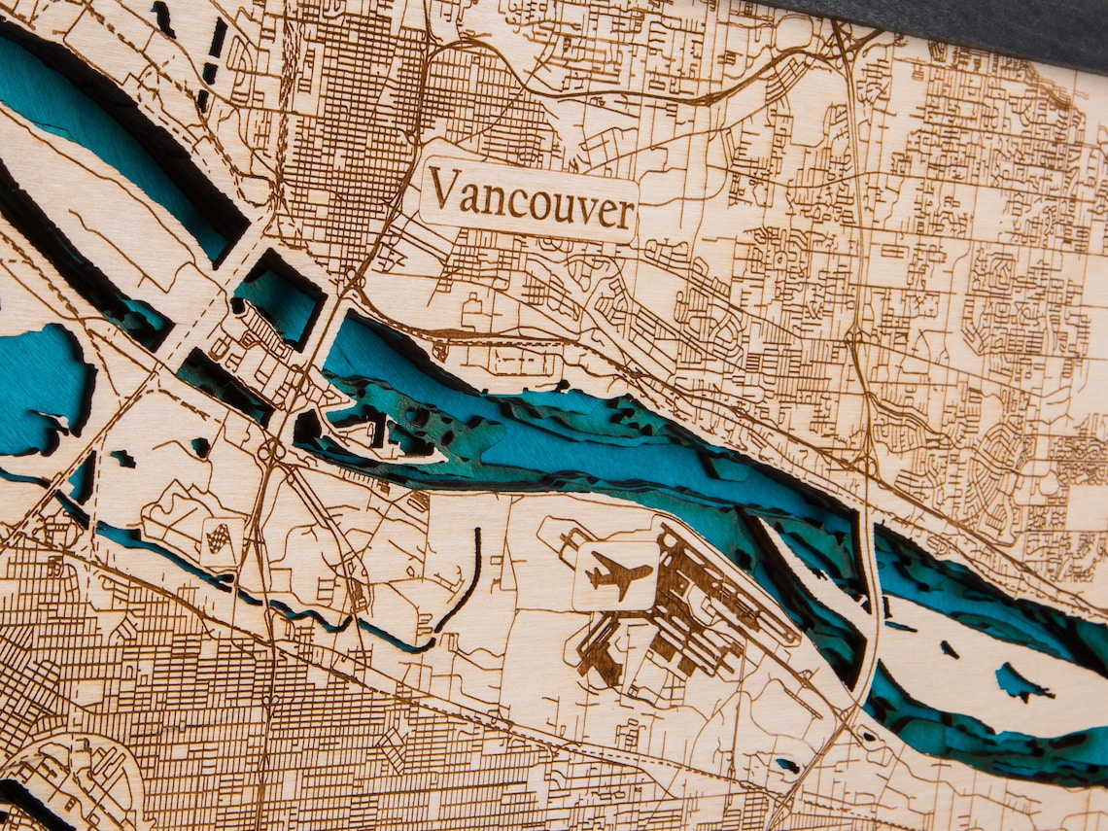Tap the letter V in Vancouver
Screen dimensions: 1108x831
(x=443, y=189)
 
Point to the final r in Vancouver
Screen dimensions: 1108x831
(x=626, y=215)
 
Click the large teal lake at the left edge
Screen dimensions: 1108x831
(x=39, y=389)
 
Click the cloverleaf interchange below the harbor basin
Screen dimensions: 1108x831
(x=271, y=450)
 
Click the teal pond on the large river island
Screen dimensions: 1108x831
(x=1021, y=682)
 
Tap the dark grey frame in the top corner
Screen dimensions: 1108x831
(x=972, y=24)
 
